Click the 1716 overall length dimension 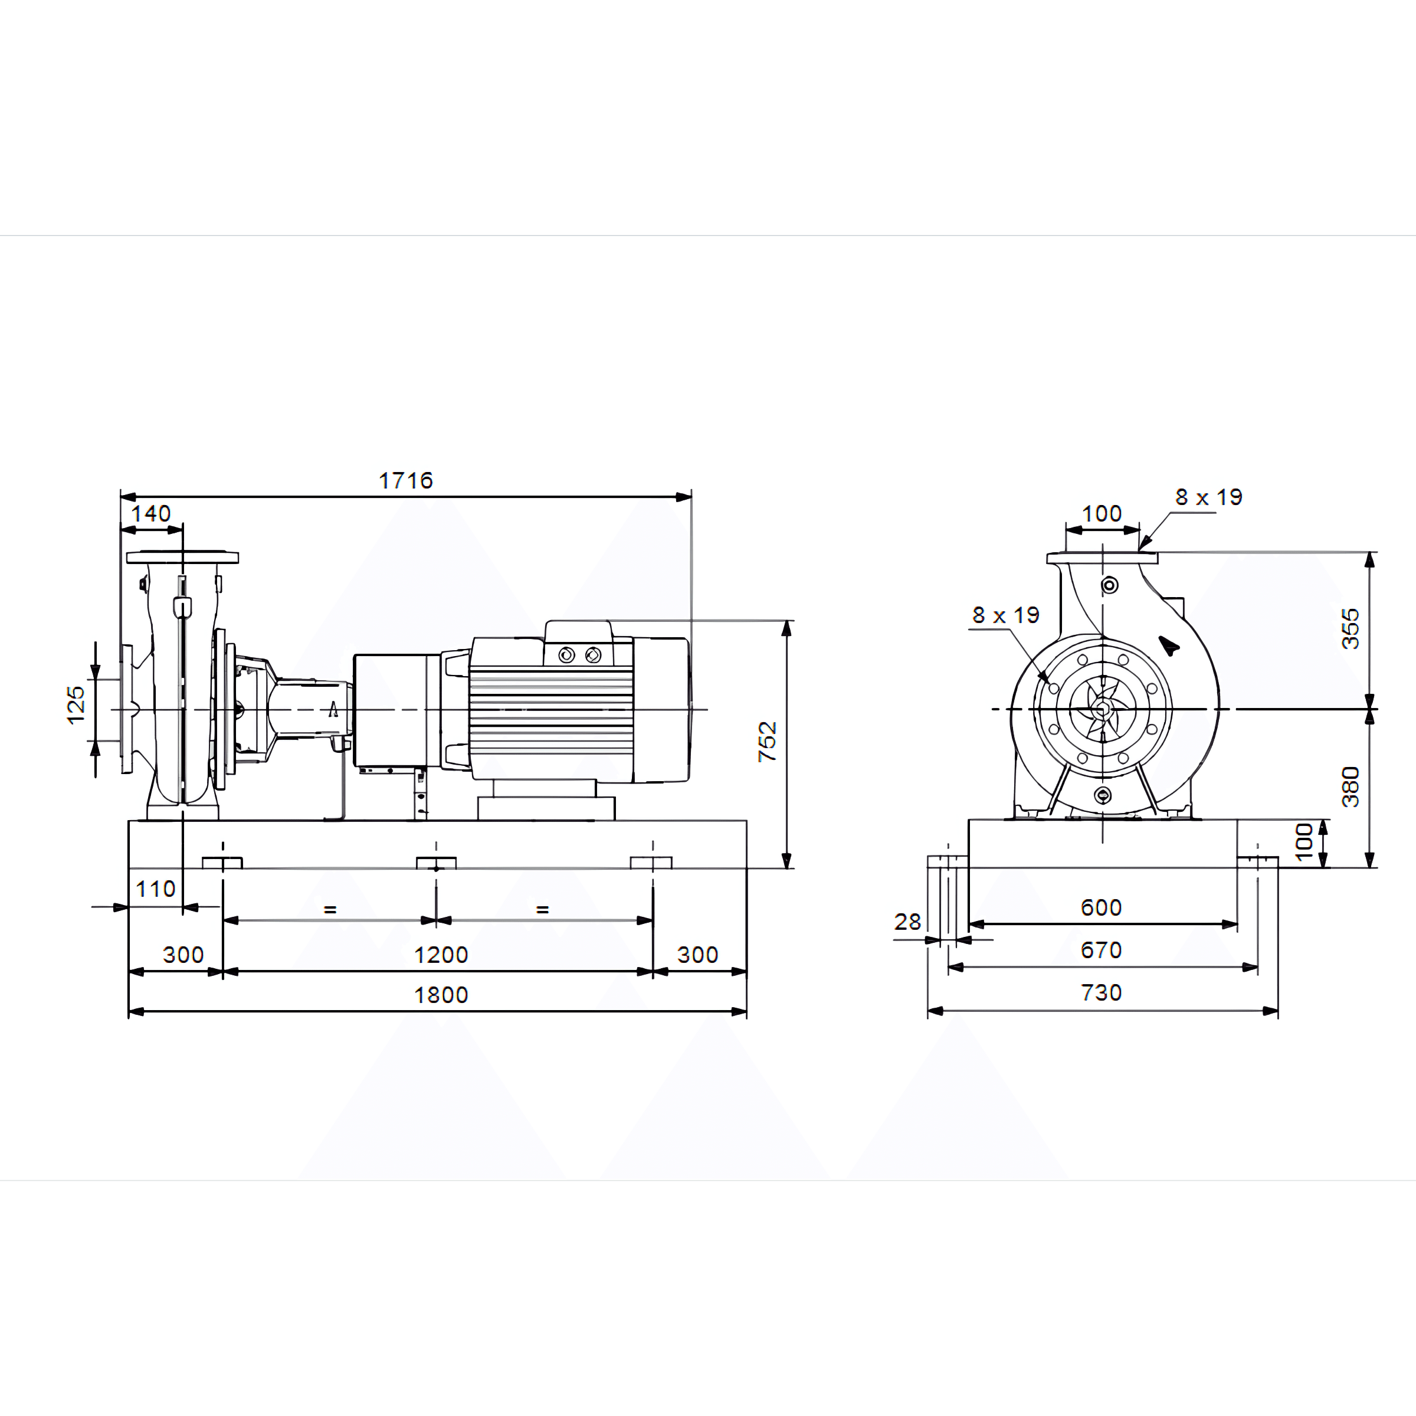[x=406, y=481]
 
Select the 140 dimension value [x=151, y=514]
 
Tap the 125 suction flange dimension [x=76, y=705]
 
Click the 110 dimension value [x=155, y=889]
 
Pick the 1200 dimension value [x=441, y=955]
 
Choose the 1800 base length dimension [x=441, y=995]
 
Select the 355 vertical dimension [x=1350, y=629]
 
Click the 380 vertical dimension [x=1350, y=787]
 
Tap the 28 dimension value [x=907, y=922]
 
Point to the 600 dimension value [x=1102, y=908]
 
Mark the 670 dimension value [x=1102, y=950]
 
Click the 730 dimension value [x=1102, y=993]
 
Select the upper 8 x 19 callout [x=1209, y=497]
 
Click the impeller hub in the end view [x=1102, y=709]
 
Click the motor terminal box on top [x=579, y=643]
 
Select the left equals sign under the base [x=330, y=910]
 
